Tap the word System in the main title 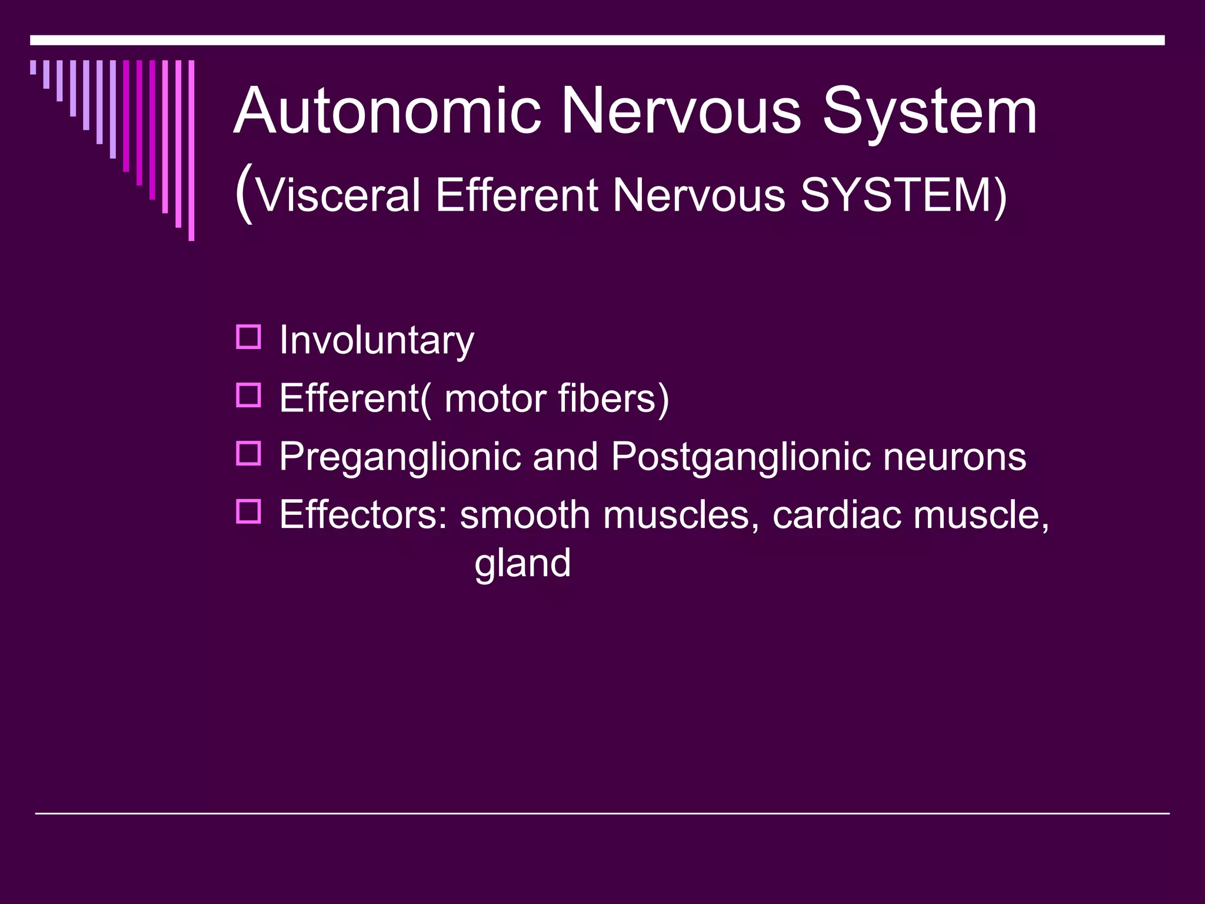[929, 111]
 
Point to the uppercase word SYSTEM [897, 195]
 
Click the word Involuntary [376, 340]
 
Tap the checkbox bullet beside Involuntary [248, 337]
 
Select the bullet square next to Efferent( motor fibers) [248, 395]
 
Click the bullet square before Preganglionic [248, 454]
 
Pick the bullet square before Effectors [248, 512]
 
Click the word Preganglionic [400, 457]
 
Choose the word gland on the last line [522, 563]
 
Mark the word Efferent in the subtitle [516, 195]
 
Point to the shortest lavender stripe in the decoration [33, 67]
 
